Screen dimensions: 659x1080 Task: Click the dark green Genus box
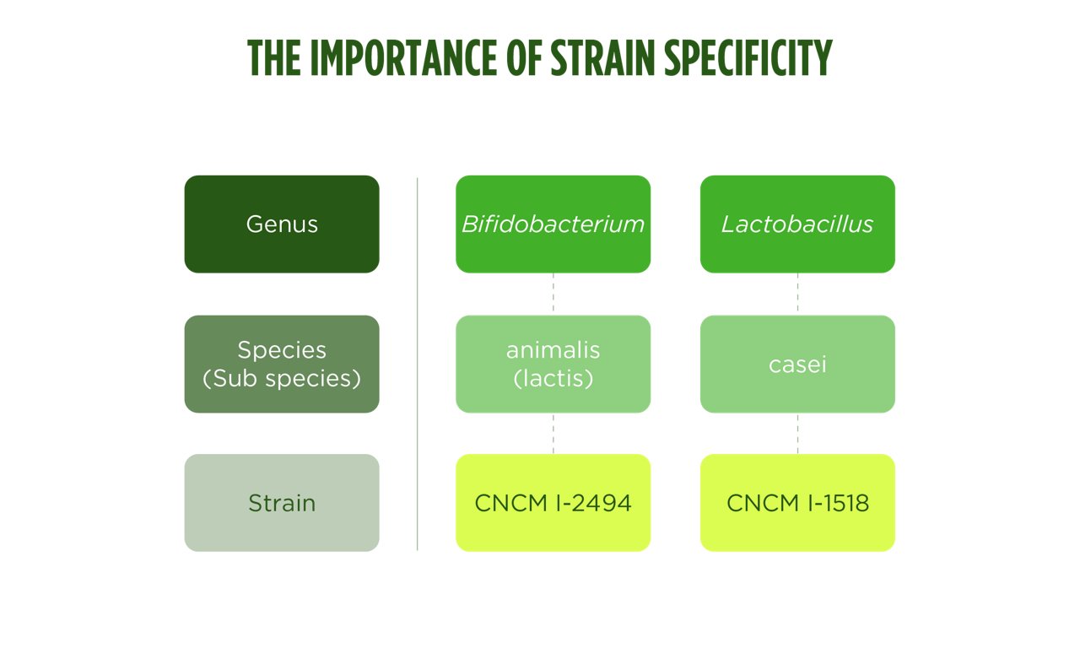point(282,224)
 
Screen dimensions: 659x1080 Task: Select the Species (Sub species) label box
point(282,364)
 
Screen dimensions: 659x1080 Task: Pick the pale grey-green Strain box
point(282,503)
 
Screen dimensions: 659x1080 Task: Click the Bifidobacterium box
point(553,224)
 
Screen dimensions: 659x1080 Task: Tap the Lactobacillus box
point(797,224)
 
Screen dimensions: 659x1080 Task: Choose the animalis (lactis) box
point(553,364)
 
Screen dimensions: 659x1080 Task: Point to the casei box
point(797,364)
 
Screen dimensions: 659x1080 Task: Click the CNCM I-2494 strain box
point(553,503)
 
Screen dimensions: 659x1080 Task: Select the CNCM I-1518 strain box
point(797,503)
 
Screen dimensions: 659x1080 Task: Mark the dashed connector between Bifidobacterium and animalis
point(553,294)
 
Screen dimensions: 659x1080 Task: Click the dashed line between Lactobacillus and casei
point(797,294)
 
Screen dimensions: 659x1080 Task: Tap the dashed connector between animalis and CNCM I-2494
point(553,433)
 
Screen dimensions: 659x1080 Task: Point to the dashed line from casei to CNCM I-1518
point(797,433)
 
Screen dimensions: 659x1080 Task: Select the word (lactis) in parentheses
point(553,379)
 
